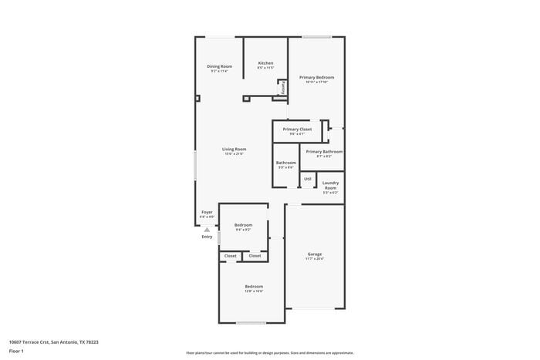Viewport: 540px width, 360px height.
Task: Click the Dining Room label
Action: click(x=219, y=66)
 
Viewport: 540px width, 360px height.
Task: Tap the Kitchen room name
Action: click(x=265, y=62)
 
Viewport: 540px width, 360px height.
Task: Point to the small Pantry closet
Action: click(x=282, y=89)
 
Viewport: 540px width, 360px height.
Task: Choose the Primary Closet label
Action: click(x=297, y=129)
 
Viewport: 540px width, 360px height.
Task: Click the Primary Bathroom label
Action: click(x=324, y=151)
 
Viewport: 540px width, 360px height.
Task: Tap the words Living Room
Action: click(x=234, y=149)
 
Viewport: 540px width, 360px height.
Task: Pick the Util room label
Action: click(x=308, y=178)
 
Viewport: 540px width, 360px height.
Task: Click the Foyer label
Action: click(x=207, y=211)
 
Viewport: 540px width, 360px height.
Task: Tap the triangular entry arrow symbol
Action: click(x=207, y=229)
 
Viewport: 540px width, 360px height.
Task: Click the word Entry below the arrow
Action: click(x=207, y=237)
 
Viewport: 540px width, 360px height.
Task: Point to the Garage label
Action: click(x=314, y=254)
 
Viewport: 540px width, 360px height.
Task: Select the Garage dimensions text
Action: click(x=314, y=259)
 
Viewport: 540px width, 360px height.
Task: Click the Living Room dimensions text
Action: click(x=234, y=154)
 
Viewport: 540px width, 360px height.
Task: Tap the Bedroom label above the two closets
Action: click(x=243, y=224)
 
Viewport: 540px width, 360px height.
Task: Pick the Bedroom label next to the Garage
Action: click(x=254, y=286)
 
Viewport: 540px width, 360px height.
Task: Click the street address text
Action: click(x=53, y=341)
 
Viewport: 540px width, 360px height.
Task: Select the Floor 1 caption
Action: click(x=16, y=352)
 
